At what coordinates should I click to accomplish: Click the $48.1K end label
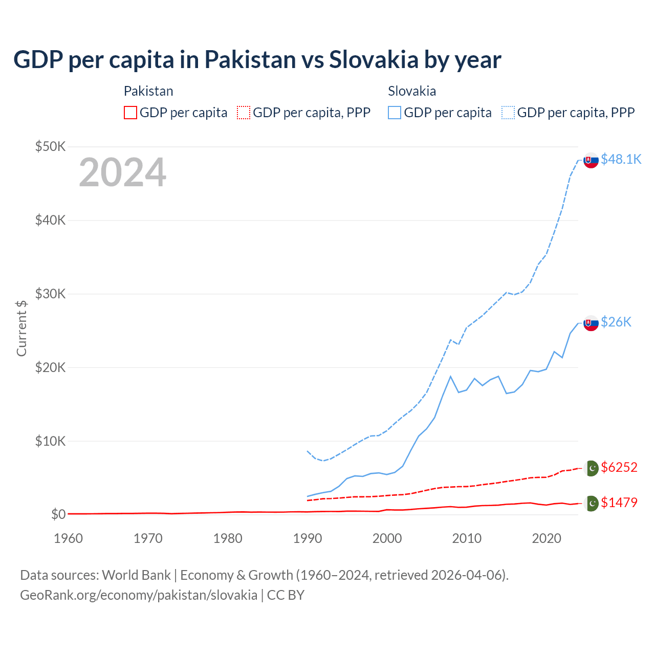click(621, 159)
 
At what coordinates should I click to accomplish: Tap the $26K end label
click(616, 322)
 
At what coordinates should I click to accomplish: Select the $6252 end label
click(619, 467)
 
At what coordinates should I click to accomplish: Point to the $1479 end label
click(619, 503)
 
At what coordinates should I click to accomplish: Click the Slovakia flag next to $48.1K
click(591, 160)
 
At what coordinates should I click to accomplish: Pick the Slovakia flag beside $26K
click(591, 323)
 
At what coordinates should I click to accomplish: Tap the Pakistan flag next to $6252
click(592, 468)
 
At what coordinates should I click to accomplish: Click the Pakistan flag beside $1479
click(592, 504)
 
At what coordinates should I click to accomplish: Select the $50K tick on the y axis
click(50, 147)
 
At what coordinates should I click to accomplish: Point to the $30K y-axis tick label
click(50, 294)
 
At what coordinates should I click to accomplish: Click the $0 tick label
click(58, 514)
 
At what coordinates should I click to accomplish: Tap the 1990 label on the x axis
click(308, 538)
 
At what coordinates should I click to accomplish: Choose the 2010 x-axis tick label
click(467, 538)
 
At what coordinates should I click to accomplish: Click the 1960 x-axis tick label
click(69, 538)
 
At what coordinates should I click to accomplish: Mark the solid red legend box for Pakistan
click(130, 113)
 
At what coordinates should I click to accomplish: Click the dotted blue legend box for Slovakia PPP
click(508, 113)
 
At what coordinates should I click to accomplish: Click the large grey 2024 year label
click(122, 173)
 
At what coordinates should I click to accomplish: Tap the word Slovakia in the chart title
click(374, 59)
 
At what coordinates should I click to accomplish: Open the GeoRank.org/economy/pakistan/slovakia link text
click(139, 595)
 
